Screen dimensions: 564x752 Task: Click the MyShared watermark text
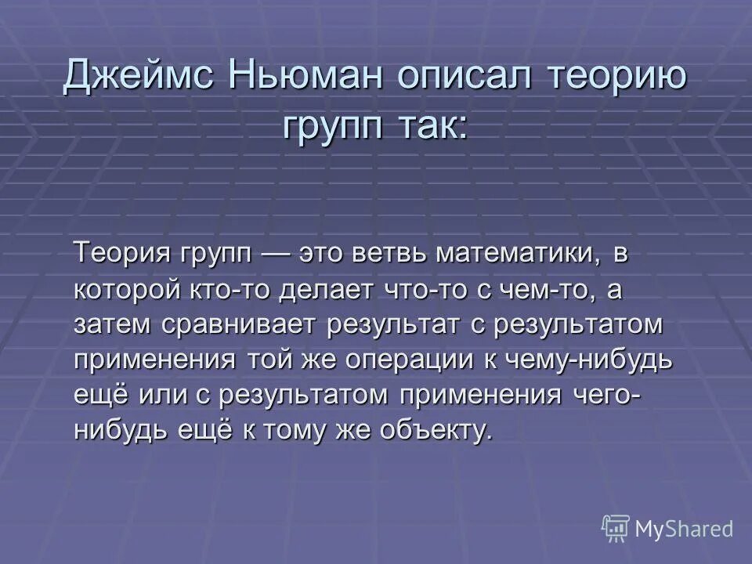click(x=684, y=530)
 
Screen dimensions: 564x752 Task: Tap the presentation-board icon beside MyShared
click(x=616, y=530)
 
